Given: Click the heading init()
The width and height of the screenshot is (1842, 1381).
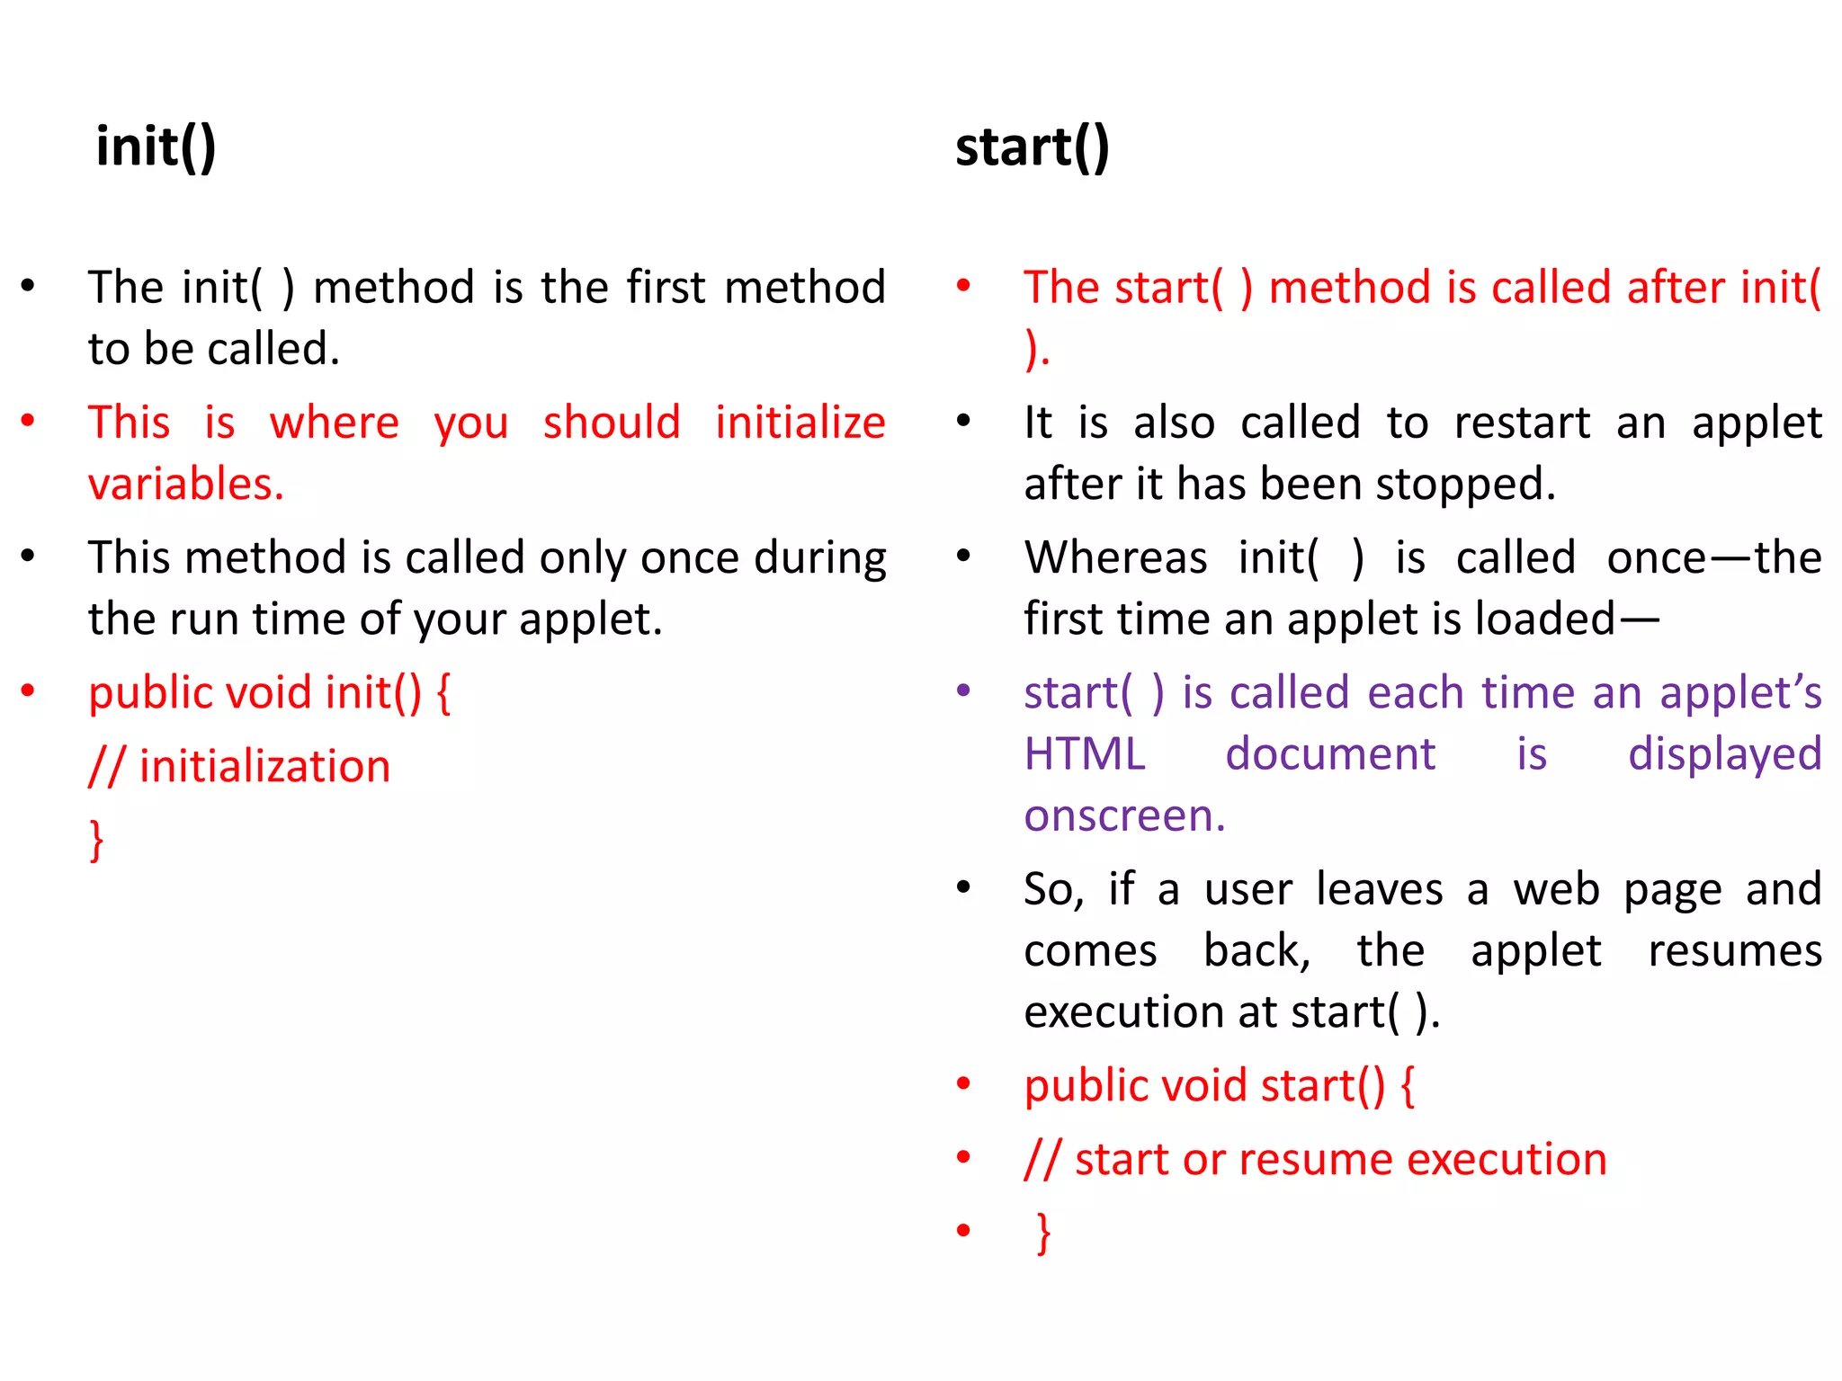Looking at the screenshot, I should click(156, 147).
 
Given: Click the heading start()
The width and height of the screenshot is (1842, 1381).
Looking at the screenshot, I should click(1032, 147).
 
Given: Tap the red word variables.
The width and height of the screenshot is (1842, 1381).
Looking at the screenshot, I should click(185, 485).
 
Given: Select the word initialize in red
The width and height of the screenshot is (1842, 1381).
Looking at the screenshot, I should click(800, 423).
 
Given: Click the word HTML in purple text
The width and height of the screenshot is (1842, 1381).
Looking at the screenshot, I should click(1085, 753).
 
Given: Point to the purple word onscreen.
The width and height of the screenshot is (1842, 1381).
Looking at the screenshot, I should click(1124, 815).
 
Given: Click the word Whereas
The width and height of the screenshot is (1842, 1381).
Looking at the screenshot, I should click(1115, 557).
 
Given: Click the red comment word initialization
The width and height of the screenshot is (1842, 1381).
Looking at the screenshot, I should click(264, 767).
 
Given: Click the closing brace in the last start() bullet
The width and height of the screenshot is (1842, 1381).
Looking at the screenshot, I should click(1043, 1233).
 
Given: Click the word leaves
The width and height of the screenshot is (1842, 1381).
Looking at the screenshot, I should click(1379, 889).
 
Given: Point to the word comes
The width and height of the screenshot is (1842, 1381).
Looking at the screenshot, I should click(1090, 951).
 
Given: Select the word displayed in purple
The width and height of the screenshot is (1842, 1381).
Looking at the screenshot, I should click(1724, 753).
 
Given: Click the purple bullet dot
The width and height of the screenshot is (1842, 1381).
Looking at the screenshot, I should click(963, 690).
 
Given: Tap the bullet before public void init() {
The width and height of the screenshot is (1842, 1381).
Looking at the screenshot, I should click(28, 690).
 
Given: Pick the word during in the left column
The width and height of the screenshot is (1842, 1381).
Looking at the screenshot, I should click(819, 557).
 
